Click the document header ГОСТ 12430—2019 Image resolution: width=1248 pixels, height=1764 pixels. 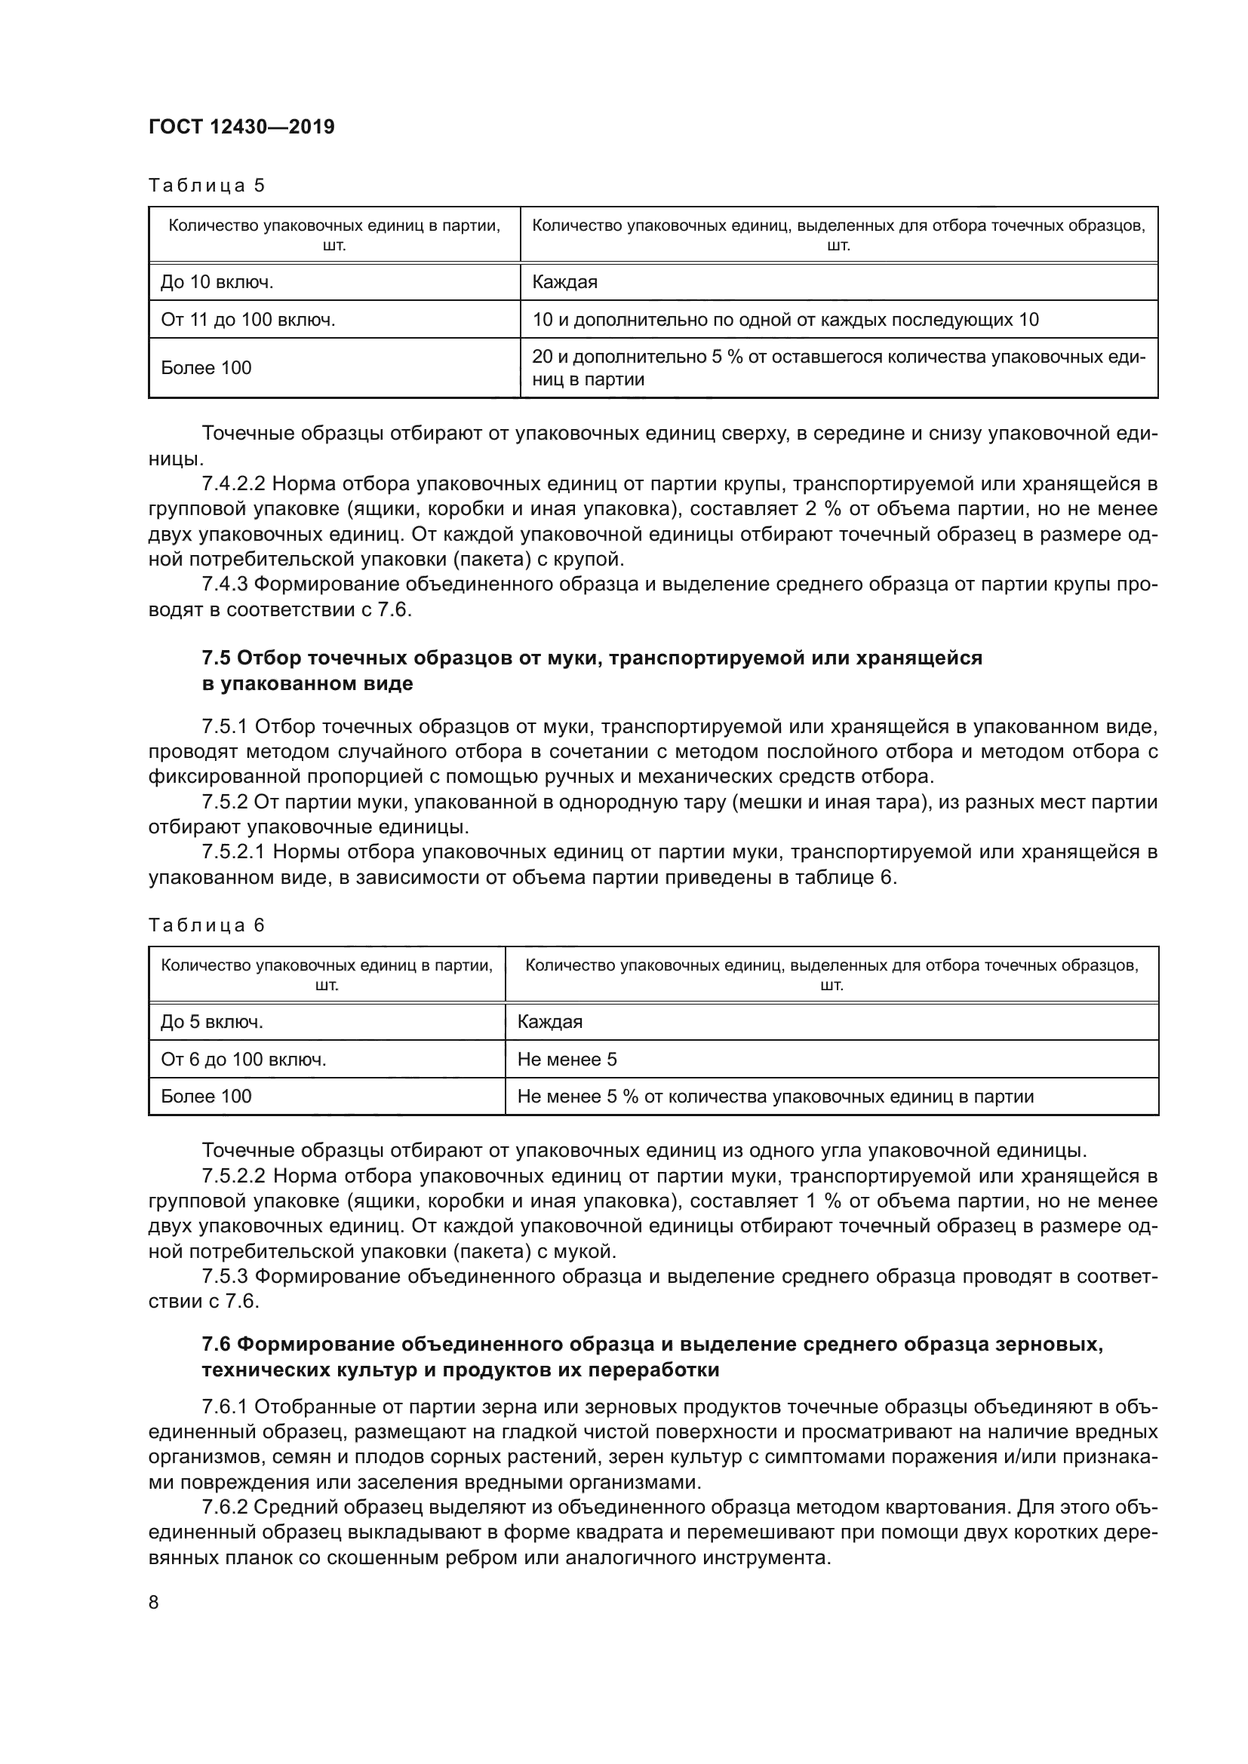point(241,127)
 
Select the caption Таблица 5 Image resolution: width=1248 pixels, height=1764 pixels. point(206,186)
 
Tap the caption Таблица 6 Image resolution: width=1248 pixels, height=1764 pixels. point(206,925)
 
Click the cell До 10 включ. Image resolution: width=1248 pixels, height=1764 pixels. point(217,282)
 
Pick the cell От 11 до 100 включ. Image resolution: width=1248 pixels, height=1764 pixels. point(247,320)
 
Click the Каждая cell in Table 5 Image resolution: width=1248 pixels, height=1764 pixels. point(565,282)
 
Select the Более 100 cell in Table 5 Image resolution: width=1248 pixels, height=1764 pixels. point(206,368)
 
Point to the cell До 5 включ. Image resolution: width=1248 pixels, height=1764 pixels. point(212,1022)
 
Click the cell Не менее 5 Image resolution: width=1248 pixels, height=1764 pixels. point(567,1060)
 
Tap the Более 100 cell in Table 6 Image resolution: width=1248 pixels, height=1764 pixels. point(206,1097)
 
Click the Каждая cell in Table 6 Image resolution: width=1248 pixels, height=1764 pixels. point(550,1022)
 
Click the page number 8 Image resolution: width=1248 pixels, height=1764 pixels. point(154,1602)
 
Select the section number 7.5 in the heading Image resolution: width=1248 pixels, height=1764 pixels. point(217,658)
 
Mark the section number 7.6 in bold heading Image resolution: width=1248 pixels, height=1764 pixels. point(217,1345)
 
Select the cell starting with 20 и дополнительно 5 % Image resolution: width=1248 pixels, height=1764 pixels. point(838,368)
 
